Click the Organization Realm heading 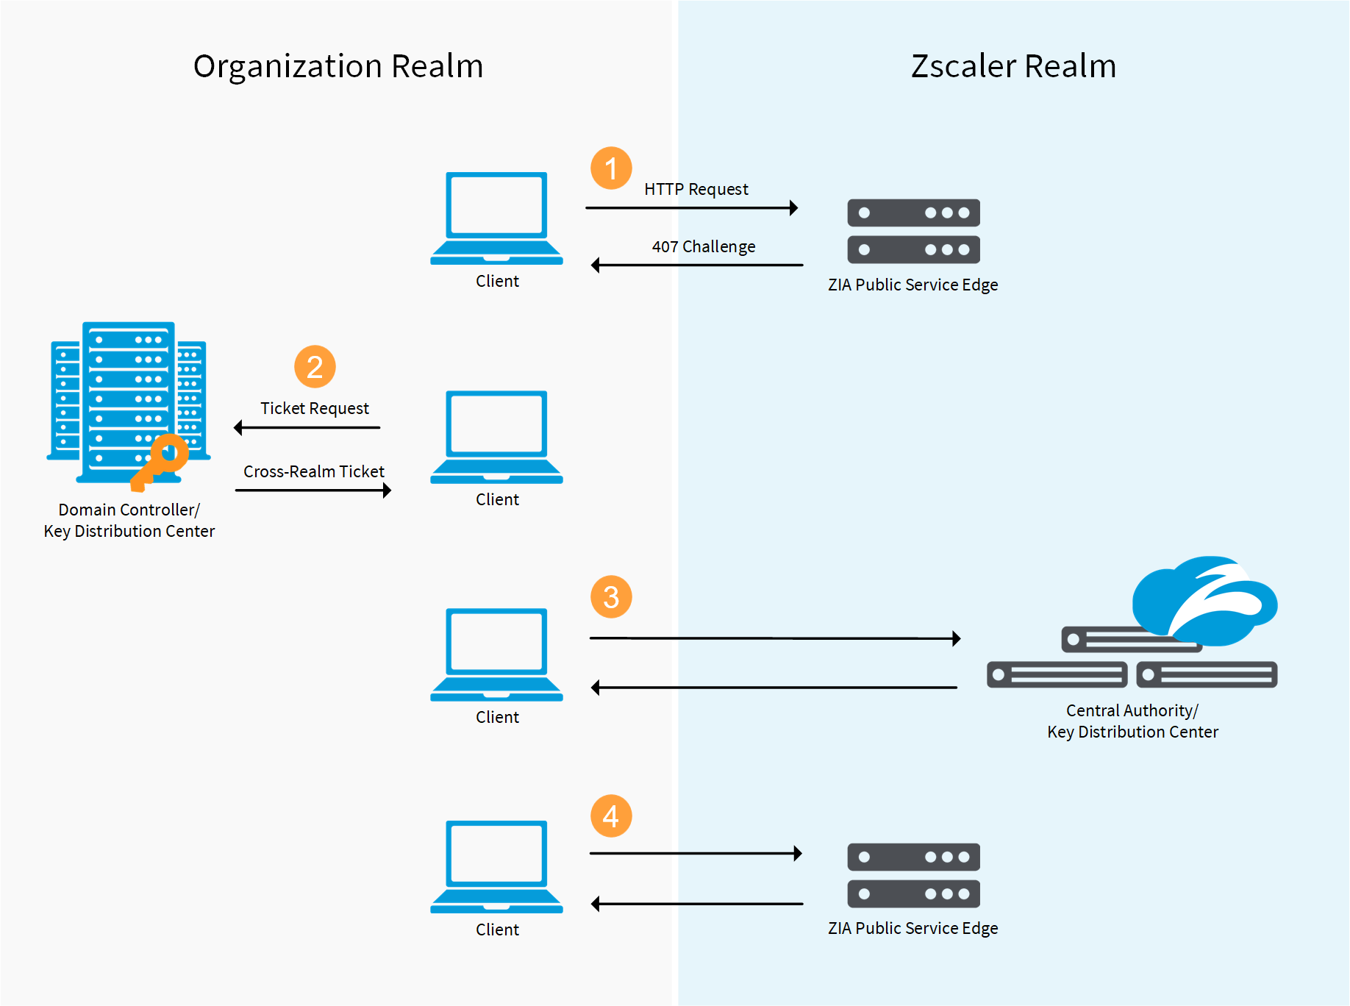[338, 66]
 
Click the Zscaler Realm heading [1013, 66]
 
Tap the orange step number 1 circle [611, 168]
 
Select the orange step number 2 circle [315, 367]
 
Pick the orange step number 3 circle [611, 597]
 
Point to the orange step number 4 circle [611, 816]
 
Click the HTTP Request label [696, 190]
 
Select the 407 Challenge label [703, 247]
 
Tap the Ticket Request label [314, 409]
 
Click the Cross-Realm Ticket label [313, 471]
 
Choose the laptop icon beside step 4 [497, 867]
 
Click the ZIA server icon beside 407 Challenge [913, 231]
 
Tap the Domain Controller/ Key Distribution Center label [129, 520]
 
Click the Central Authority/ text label [1132, 710]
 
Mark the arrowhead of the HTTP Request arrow [794, 208]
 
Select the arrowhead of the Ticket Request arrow [238, 428]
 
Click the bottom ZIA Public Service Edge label [913, 928]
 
